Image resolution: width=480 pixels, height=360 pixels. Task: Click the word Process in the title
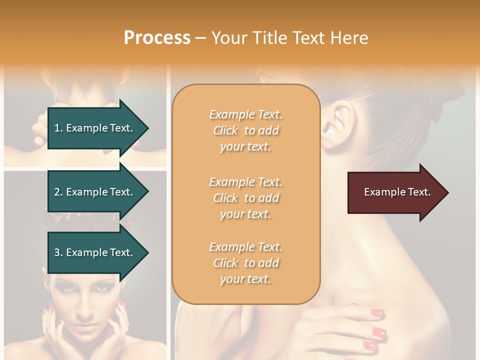157,37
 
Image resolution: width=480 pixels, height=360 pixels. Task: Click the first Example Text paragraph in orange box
245,130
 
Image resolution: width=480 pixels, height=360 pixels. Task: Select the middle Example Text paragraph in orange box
245,198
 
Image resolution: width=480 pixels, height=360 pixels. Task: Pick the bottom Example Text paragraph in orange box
245,263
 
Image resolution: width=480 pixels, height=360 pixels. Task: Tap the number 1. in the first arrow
58,128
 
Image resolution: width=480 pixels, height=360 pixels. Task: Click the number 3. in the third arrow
58,252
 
